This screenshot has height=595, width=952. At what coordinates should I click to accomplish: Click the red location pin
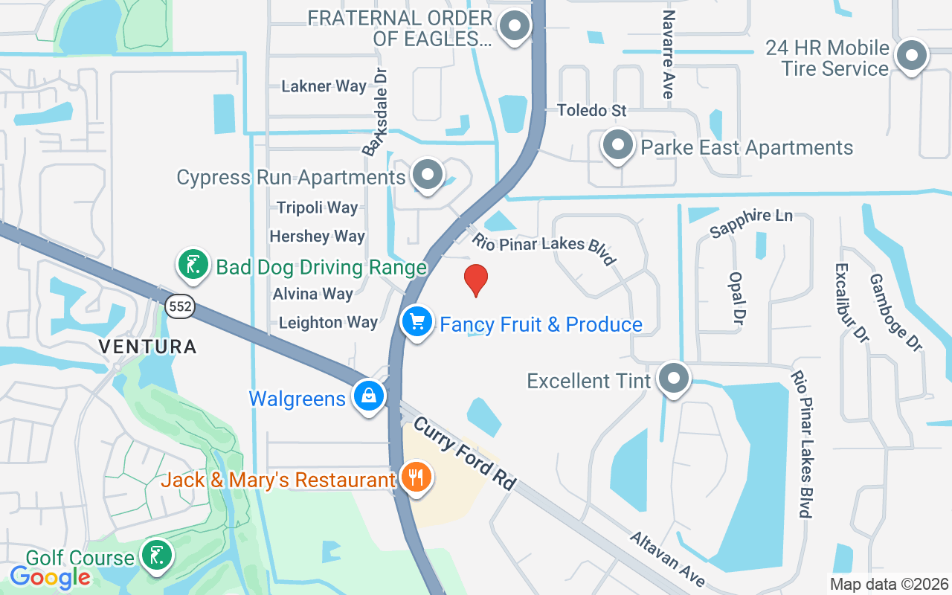(476, 280)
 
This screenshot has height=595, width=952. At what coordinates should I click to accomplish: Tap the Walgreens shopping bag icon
(369, 396)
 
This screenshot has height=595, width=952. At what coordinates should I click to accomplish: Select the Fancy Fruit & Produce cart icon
(417, 322)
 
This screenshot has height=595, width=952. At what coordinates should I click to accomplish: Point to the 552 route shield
(180, 306)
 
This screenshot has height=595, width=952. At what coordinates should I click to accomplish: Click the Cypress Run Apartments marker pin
(427, 175)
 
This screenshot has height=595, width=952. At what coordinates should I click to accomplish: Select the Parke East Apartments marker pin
(617, 145)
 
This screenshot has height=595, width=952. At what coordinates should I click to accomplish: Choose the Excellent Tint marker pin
(674, 379)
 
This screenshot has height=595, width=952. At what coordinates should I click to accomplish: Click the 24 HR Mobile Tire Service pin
(910, 56)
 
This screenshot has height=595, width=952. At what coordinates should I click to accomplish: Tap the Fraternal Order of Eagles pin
(514, 27)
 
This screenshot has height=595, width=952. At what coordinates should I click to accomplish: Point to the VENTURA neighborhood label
(147, 347)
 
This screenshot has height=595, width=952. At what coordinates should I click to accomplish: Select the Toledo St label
(592, 111)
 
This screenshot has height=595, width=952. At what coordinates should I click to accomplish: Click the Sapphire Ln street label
(751, 222)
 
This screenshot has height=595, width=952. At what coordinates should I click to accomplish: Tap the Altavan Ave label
(667, 558)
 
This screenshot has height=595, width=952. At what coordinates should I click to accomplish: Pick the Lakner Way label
(324, 86)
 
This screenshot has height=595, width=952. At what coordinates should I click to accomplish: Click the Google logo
(51, 577)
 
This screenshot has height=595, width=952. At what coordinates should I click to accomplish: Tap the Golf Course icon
(156, 556)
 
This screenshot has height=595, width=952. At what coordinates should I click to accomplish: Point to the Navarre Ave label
(668, 54)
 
